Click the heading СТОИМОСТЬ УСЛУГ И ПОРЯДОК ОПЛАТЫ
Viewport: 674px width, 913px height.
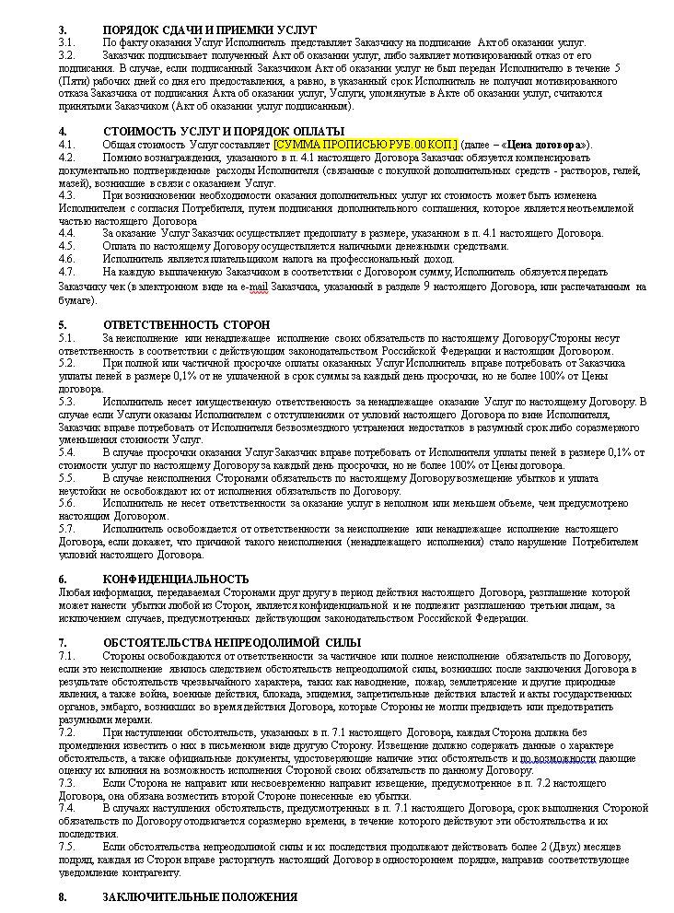coord(224,132)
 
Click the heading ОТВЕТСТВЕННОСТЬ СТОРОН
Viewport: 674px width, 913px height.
coord(186,325)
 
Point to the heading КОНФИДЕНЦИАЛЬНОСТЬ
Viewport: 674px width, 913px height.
coord(176,578)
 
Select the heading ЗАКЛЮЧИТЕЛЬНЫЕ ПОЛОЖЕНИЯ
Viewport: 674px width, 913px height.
coord(200,896)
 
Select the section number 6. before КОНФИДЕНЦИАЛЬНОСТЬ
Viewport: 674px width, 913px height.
coord(63,578)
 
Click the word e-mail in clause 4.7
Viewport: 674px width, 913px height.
coord(253,287)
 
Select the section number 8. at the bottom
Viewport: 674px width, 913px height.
coord(63,896)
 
